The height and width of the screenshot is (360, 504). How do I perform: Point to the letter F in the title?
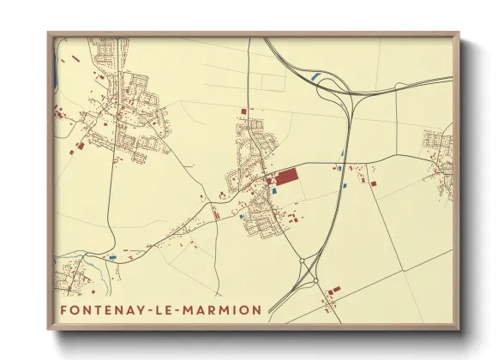64,309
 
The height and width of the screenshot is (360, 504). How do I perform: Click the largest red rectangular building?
285,177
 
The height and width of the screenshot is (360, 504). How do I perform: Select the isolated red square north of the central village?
243,111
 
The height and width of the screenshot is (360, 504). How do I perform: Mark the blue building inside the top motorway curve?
316,78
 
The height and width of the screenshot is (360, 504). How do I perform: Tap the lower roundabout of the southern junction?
315,280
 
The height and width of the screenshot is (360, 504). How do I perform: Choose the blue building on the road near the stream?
112,256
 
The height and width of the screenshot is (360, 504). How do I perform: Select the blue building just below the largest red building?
274,191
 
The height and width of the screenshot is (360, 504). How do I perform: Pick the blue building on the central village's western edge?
243,217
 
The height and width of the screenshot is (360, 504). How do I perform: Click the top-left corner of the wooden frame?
48,34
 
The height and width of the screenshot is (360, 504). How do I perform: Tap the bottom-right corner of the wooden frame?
459,329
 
